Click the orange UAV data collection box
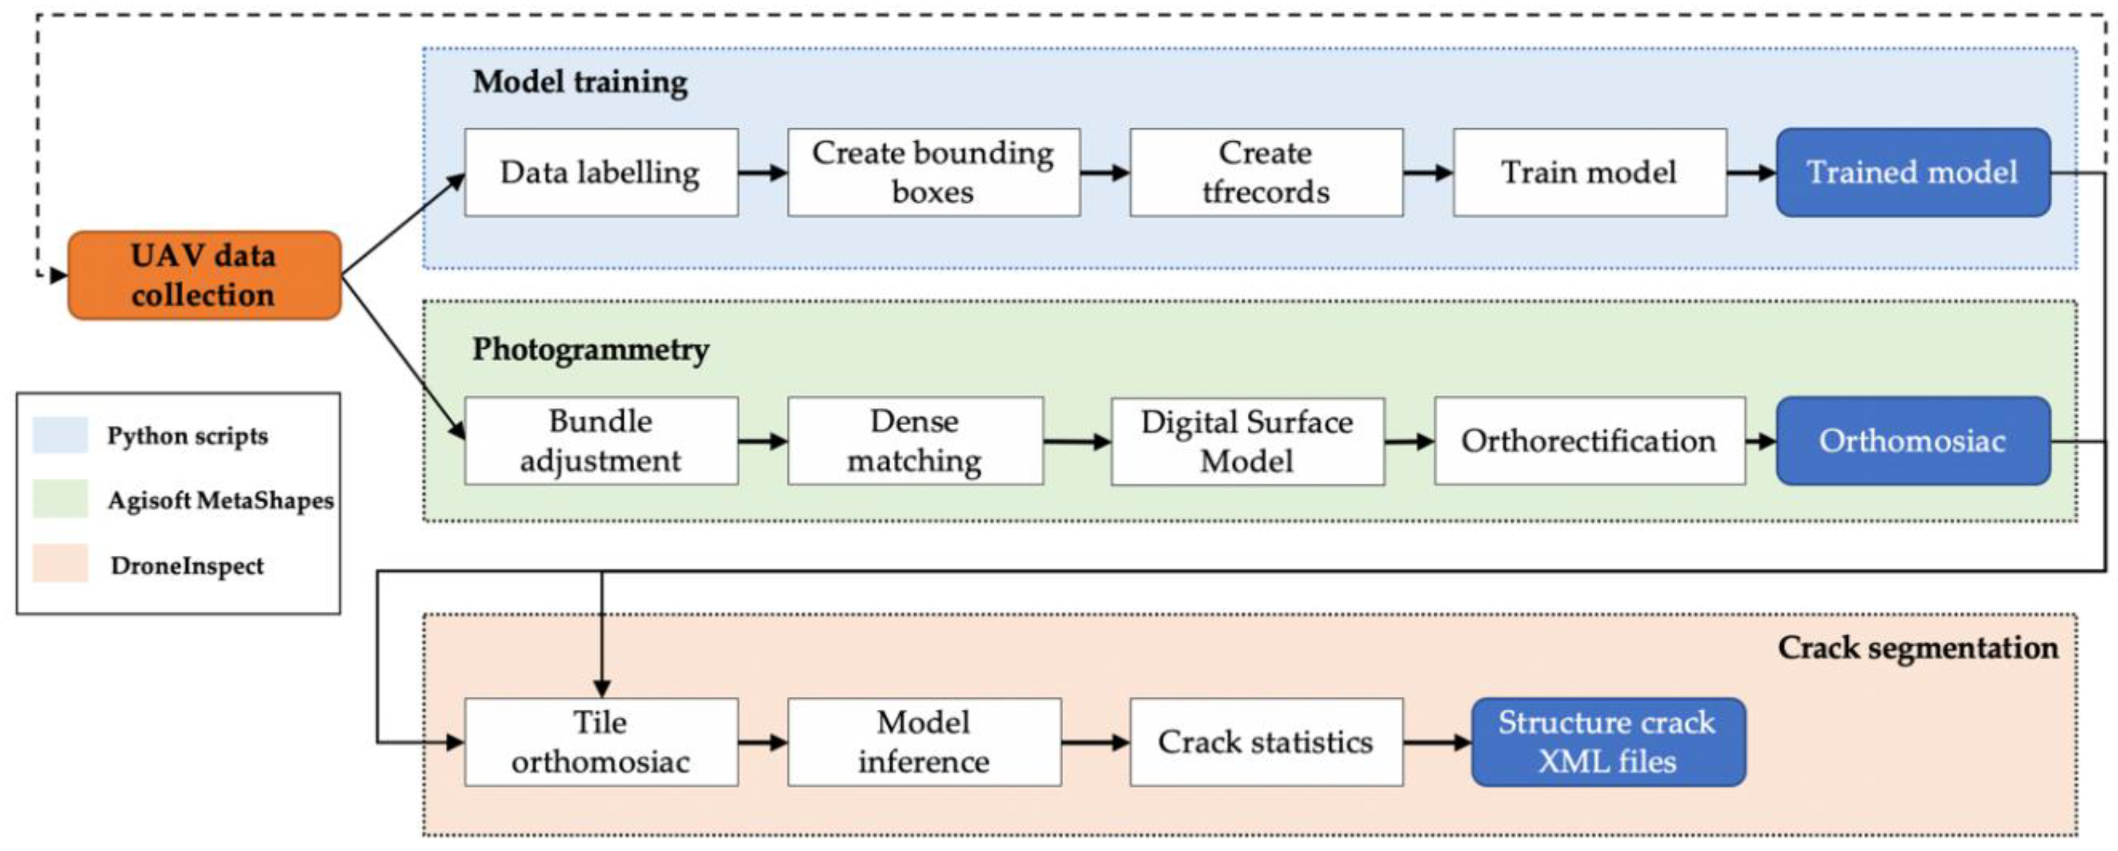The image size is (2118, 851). [204, 275]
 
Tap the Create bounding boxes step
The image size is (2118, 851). [933, 173]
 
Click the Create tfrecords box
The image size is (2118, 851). [1266, 173]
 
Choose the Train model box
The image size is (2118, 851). [1589, 173]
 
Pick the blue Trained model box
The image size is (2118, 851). [1913, 173]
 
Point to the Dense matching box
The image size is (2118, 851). [915, 440]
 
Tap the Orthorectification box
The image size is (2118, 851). [1589, 440]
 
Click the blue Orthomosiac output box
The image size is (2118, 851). [1913, 440]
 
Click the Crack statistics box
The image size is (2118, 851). [1266, 742]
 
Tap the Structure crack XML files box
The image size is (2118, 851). [1607, 742]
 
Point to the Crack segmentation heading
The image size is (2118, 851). [1917, 648]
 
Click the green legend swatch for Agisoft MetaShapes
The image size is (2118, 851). [60, 499]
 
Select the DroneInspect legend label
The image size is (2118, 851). [188, 566]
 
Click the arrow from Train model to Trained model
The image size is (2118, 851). [1751, 173]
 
